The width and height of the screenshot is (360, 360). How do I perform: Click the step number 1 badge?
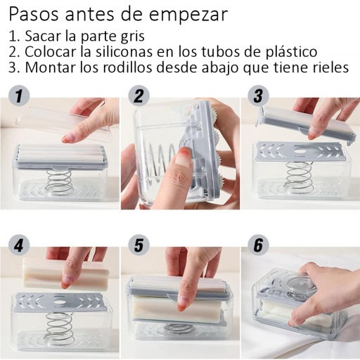point(19,96)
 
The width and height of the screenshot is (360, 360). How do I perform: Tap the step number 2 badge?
point(139,96)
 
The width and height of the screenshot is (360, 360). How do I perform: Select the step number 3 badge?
point(259,96)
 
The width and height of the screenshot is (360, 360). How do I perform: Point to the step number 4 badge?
point(19,245)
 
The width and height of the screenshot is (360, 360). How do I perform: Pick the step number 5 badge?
point(139,245)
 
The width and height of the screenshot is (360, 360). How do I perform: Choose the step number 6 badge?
point(259,245)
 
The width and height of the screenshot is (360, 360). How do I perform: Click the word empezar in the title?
point(188,15)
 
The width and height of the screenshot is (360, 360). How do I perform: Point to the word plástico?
point(291,52)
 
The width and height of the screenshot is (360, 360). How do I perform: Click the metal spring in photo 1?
point(60,182)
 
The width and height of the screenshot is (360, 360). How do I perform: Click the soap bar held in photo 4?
point(65,274)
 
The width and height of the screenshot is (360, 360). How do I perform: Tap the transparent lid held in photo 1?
point(63,122)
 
